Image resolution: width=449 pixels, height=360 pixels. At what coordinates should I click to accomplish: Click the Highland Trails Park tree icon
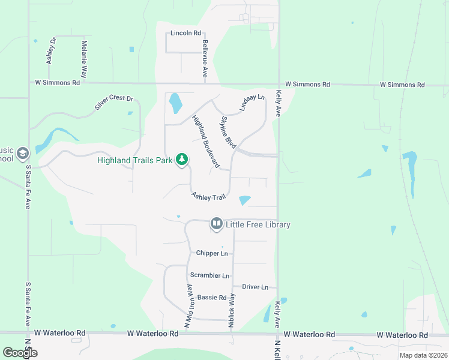(182, 160)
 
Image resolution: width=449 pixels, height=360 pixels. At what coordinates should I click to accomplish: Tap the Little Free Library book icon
(216, 224)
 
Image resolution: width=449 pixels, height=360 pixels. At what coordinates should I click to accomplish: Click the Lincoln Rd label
(185, 33)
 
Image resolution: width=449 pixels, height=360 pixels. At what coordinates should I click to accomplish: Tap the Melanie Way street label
(85, 59)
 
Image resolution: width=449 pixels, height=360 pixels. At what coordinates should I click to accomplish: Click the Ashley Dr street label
(50, 51)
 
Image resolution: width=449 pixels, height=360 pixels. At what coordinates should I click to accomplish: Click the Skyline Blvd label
(228, 133)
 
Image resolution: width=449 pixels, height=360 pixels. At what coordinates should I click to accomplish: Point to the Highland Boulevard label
(204, 142)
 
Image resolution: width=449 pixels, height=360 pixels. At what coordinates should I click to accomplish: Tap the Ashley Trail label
(208, 196)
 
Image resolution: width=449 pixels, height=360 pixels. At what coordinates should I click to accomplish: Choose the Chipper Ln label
(212, 253)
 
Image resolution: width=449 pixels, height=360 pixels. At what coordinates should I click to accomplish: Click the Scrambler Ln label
(209, 275)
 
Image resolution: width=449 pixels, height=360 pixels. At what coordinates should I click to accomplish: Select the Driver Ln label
(256, 287)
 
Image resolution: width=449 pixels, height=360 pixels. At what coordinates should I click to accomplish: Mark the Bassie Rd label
(211, 297)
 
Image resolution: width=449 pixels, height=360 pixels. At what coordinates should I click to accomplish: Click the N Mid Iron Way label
(188, 308)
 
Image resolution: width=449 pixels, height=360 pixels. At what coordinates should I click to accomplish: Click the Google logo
(20, 353)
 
